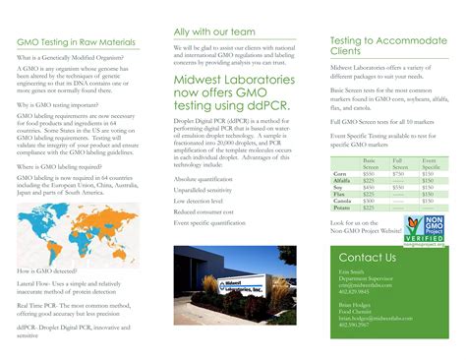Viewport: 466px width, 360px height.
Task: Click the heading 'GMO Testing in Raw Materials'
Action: click(77, 42)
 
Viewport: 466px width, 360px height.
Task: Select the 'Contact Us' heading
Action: click(367, 258)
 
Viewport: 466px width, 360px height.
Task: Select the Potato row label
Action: click(343, 208)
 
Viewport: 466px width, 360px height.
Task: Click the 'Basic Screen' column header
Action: click(371, 161)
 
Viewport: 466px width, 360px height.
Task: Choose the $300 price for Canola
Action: click(370, 201)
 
